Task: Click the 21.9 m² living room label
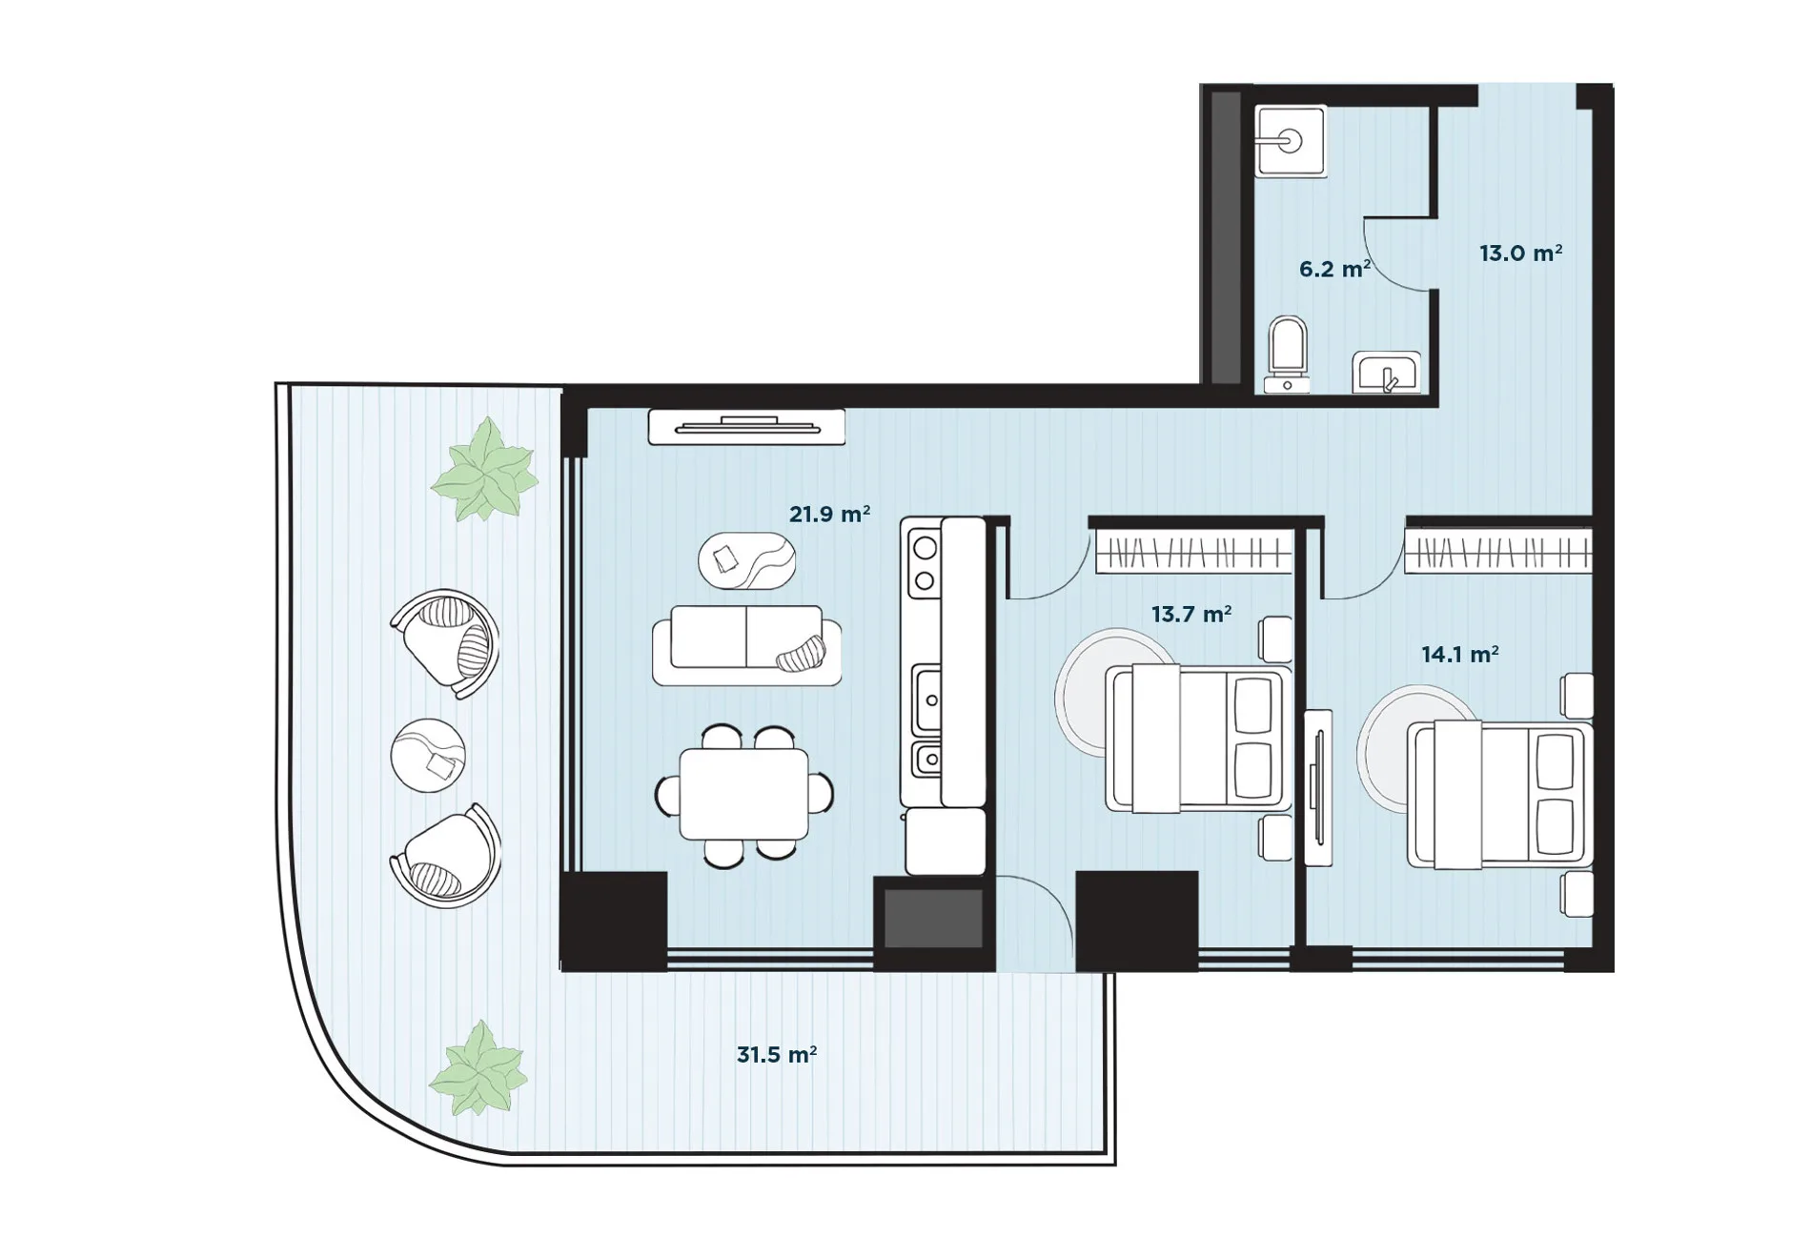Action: click(829, 515)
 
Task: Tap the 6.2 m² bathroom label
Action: click(1334, 269)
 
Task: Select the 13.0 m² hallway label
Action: click(1520, 253)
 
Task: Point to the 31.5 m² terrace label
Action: click(776, 1054)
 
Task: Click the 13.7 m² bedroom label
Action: click(1190, 614)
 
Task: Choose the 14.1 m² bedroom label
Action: click(1459, 654)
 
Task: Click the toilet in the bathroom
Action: click(1288, 355)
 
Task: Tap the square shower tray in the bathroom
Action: click(1291, 141)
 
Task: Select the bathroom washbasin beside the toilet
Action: click(1386, 372)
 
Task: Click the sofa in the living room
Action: click(746, 645)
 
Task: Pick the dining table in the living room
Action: click(743, 795)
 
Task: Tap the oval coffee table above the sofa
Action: click(746, 561)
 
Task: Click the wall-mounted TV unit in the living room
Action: click(746, 427)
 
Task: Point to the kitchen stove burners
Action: click(924, 562)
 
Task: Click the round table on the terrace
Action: click(428, 755)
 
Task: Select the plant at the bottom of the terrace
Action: click(478, 1068)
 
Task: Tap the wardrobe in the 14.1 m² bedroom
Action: click(1497, 552)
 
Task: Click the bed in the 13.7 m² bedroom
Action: click(1198, 739)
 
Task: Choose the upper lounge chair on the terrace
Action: click(444, 643)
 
